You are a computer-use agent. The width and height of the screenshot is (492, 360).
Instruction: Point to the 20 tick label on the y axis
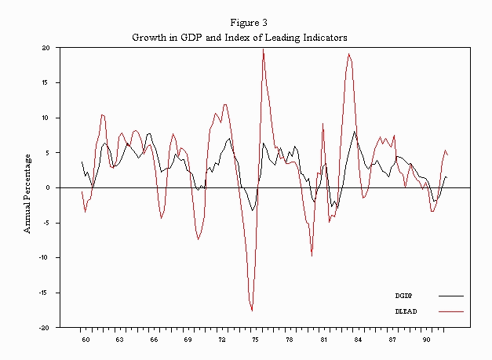tap(46, 48)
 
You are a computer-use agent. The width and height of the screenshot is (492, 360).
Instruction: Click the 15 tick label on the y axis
tap(46, 82)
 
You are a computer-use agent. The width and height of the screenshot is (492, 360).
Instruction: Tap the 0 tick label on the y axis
tap(48, 187)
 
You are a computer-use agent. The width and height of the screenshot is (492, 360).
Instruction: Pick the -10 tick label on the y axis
tap(45, 257)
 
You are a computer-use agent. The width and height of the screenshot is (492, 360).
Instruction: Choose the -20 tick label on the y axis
tap(45, 327)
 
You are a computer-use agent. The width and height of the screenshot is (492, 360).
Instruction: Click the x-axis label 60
tap(86, 340)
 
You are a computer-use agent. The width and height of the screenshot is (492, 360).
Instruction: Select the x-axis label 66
tap(154, 340)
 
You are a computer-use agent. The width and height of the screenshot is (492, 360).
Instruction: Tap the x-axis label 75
tap(255, 340)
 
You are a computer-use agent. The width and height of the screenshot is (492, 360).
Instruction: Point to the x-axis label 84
tap(357, 340)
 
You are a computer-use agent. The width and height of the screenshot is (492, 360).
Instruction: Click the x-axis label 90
tap(426, 340)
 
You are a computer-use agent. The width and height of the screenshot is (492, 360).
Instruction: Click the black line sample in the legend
tap(450, 296)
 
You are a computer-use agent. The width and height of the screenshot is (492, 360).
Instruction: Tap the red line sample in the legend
tap(450, 311)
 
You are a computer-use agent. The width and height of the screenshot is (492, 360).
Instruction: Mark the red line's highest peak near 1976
tap(263, 49)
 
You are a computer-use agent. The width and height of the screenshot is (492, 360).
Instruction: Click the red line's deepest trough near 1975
tap(252, 310)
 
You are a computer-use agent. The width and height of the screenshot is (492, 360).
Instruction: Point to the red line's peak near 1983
tap(348, 54)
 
